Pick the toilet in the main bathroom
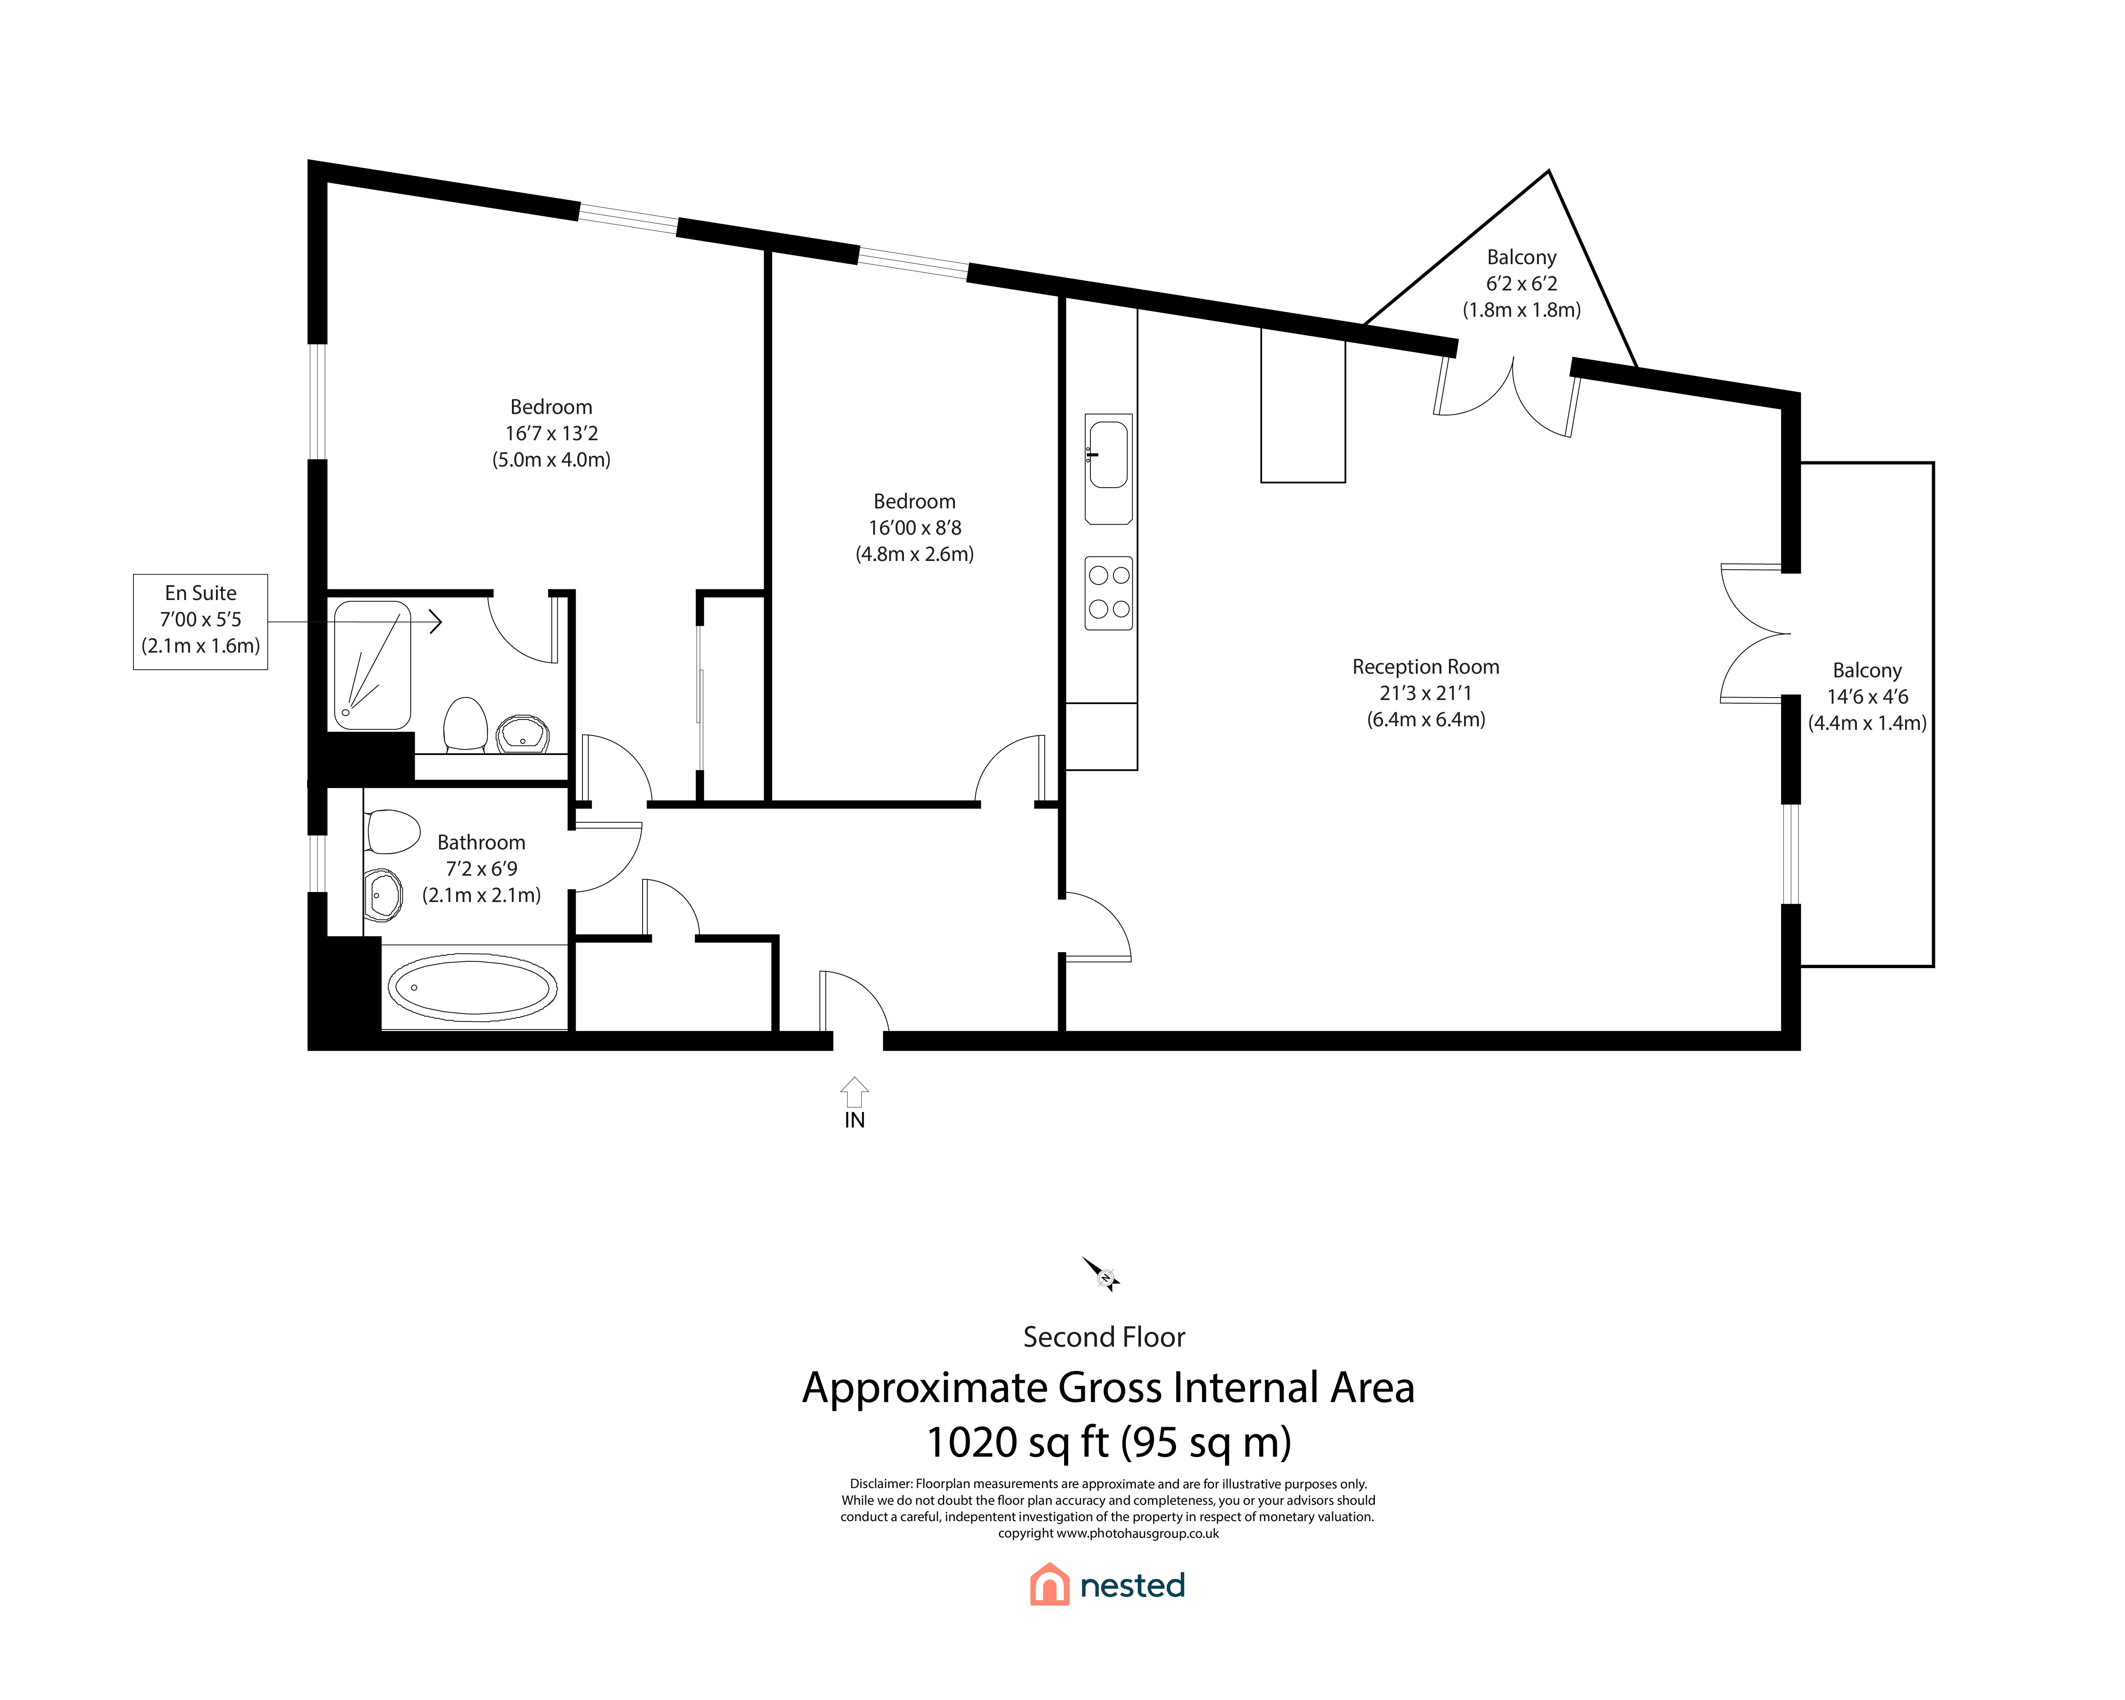392,831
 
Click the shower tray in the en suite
372,665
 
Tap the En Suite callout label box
201,622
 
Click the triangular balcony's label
1522,257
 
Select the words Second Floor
1104,1337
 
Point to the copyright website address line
1109,1533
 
